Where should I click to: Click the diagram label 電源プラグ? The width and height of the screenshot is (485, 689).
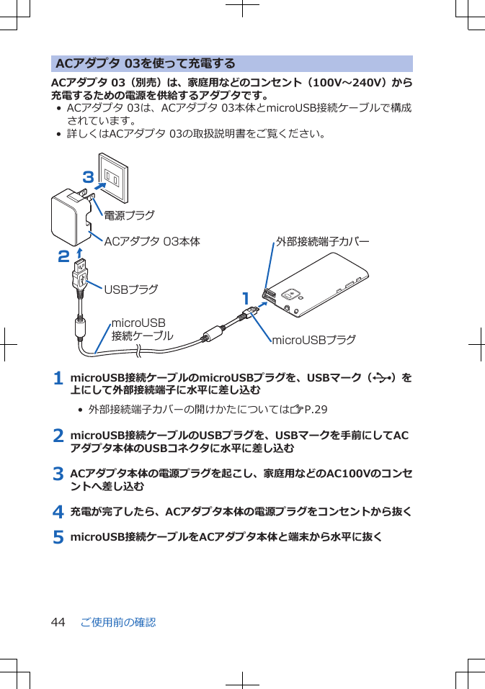click(129, 215)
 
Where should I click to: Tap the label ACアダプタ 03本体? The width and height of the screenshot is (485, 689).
click(152, 241)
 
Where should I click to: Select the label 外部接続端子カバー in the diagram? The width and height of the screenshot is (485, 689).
click(322, 241)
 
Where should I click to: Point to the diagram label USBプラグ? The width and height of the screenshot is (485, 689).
click(131, 289)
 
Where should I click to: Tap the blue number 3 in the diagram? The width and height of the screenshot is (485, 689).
click(89, 176)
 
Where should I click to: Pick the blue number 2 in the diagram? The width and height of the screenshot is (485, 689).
click(64, 256)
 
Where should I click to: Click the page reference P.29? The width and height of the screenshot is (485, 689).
click(316, 410)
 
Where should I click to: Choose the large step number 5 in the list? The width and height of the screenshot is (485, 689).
click(58, 537)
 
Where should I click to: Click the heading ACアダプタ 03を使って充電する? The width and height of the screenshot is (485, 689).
click(145, 63)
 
